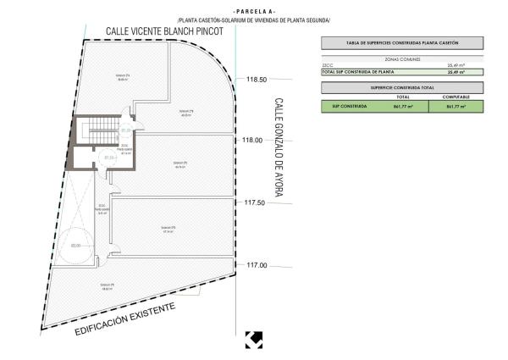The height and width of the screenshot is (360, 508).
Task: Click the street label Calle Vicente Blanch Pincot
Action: pyautogui.click(x=164, y=31)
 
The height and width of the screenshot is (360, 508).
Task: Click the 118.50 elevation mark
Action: pyautogui.click(x=257, y=80)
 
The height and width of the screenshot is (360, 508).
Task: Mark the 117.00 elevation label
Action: pyautogui.click(x=257, y=265)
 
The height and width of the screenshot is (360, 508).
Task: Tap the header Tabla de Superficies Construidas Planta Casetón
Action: pyautogui.click(x=402, y=43)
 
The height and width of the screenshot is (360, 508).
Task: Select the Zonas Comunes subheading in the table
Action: pyautogui.click(x=402, y=59)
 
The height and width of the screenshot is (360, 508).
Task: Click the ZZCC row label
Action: pyautogui.click(x=329, y=66)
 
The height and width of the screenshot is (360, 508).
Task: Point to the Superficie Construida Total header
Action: pyautogui.click(x=402, y=87)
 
